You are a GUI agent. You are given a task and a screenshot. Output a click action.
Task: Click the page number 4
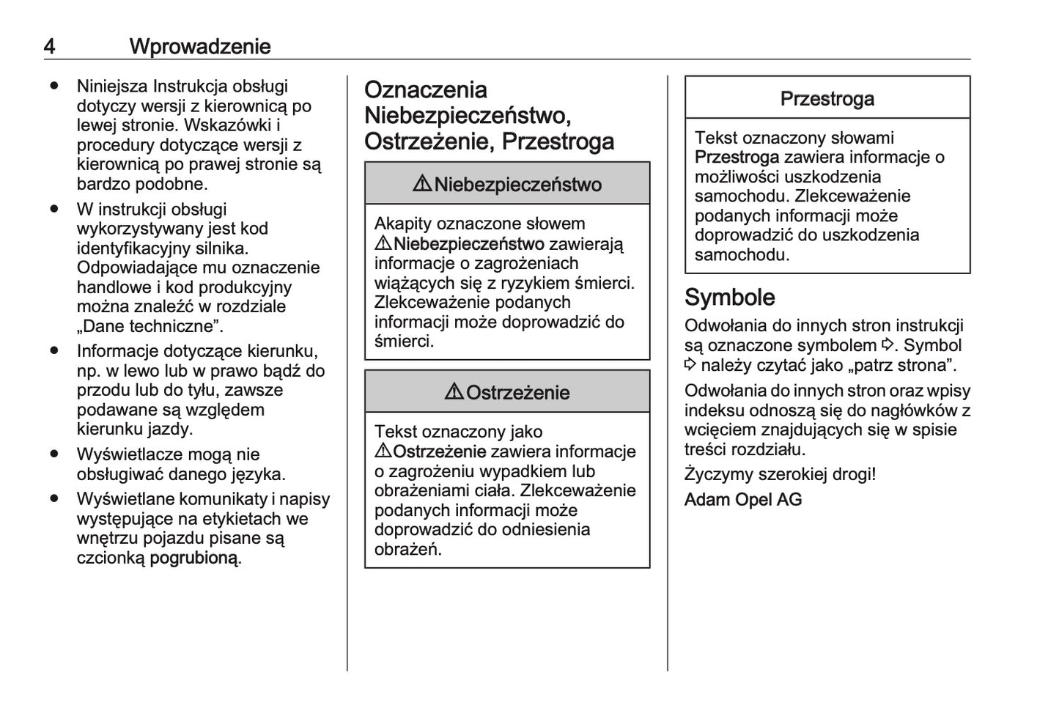point(49,46)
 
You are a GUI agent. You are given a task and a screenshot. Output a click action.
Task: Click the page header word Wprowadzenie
point(200,46)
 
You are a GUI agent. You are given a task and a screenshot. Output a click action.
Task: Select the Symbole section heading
point(729,297)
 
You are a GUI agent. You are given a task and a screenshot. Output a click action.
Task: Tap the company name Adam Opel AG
point(743,500)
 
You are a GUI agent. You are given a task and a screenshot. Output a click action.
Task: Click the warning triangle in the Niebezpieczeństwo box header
point(422,184)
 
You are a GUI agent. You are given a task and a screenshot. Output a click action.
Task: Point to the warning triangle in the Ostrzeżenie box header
point(454,392)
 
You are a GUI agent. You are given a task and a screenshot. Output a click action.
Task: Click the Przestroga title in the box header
point(827,98)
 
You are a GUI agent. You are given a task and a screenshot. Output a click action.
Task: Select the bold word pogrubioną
point(194,558)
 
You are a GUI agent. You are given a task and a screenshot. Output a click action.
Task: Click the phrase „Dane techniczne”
point(150,326)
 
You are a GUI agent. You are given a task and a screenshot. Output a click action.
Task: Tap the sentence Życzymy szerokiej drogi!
point(780,474)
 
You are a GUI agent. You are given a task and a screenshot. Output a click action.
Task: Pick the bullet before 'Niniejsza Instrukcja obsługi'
point(54,86)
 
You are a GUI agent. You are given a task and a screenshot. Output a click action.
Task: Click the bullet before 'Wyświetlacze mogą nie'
point(54,454)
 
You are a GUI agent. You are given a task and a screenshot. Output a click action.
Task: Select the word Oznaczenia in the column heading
point(426,90)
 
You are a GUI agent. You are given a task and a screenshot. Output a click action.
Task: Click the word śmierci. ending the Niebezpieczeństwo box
point(404,342)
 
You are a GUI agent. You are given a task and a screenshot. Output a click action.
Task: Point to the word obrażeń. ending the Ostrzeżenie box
point(408,550)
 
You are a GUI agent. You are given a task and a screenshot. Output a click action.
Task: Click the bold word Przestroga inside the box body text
point(737,158)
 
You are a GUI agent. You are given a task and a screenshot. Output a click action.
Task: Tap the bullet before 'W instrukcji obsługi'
point(54,209)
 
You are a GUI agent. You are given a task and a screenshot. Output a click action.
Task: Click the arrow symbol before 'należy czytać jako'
point(690,364)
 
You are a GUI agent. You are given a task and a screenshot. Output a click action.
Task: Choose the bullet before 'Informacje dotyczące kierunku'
point(54,351)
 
